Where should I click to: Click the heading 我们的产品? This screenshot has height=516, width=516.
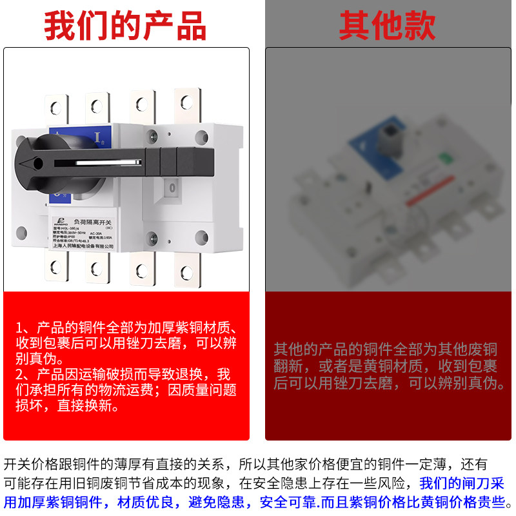point(125,26)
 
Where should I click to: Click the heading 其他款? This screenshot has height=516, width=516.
point(387,26)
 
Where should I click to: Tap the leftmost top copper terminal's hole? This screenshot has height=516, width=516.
point(55,106)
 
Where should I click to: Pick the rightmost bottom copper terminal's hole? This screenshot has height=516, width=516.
point(187,272)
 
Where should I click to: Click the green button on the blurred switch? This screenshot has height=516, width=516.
point(444,157)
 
